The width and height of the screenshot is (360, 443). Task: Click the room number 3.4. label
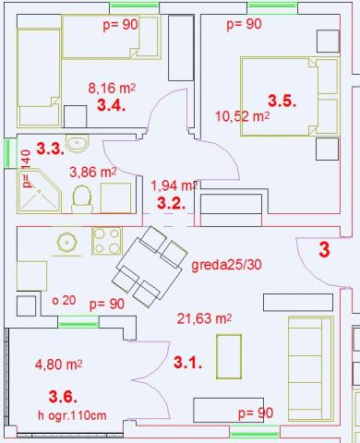pos(111,105)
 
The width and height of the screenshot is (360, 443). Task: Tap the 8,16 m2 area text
pos(112,89)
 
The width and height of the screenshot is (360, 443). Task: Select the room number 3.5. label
pos(282,101)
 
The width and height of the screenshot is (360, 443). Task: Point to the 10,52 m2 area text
pos(242,116)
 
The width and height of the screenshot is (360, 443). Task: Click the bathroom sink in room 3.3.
pos(78,143)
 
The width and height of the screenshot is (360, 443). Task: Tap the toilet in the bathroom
pos(82,198)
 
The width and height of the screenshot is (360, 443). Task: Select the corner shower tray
pos(39,190)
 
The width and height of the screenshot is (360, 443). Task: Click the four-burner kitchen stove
pos(107,241)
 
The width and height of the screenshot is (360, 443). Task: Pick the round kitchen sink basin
pos(66,243)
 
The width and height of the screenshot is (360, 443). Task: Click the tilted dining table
pos(150,266)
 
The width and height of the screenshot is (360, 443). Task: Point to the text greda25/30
pos(226,265)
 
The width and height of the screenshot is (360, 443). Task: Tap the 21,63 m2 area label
pos(204,318)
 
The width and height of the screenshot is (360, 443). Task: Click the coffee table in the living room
pos(229,356)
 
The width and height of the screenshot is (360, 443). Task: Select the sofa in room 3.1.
pos(311,368)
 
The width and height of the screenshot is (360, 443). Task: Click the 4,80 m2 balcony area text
pos(58,365)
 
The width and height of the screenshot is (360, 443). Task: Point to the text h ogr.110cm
pos(72,415)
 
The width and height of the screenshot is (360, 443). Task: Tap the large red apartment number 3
pos(324,250)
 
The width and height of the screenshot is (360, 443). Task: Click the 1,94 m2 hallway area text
pos(174,186)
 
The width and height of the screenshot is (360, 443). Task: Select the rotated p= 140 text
pos(27,169)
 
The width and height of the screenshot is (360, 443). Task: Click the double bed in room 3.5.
pos(290,96)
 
